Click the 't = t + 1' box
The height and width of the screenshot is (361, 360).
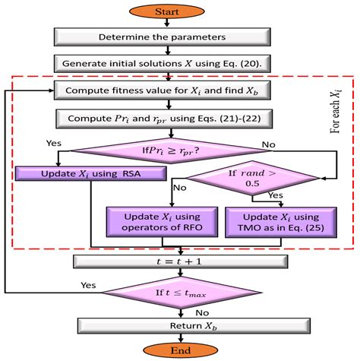(179, 262)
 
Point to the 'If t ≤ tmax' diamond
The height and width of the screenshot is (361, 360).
(179, 293)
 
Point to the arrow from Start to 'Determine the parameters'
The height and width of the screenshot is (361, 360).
(180, 23)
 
